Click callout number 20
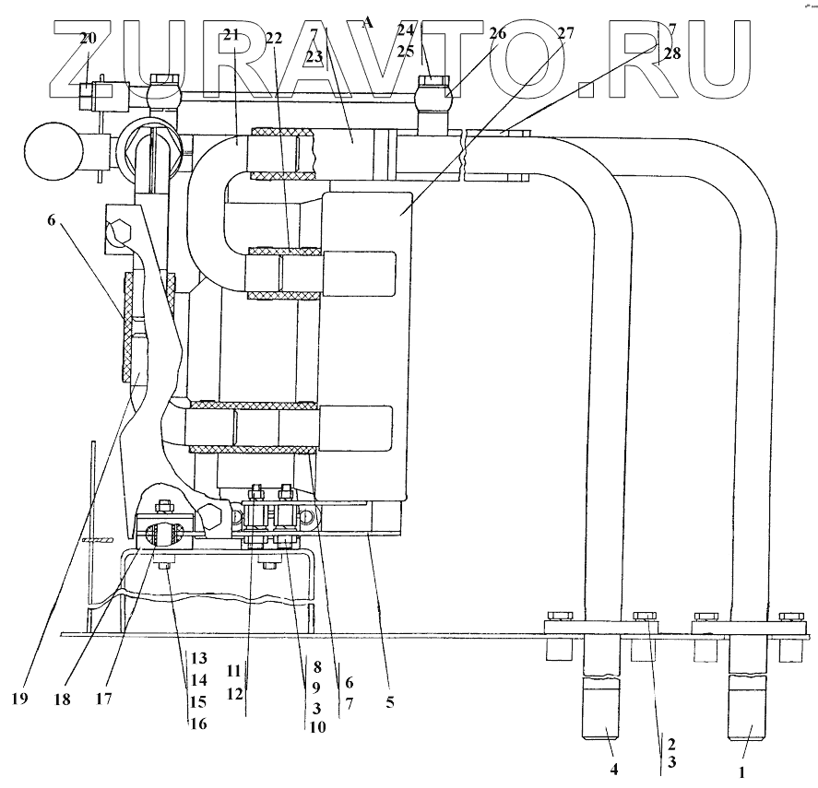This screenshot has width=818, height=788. click(x=88, y=38)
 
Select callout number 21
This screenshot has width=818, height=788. click(x=231, y=36)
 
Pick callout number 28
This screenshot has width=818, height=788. click(x=671, y=53)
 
